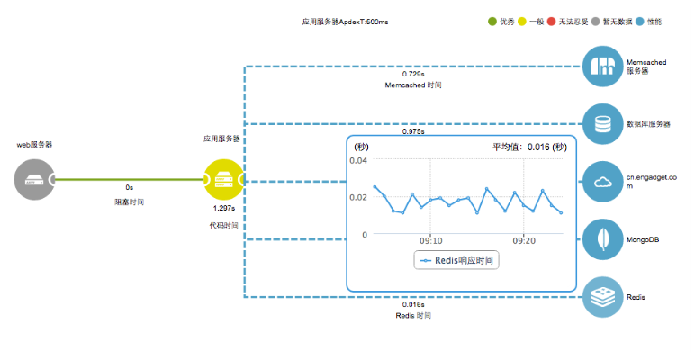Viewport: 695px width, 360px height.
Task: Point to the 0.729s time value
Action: [414, 73]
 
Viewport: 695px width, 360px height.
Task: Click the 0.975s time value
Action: [413, 131]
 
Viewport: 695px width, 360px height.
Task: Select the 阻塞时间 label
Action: [130, 202]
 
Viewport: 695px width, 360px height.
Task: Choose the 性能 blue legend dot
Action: [640, 21]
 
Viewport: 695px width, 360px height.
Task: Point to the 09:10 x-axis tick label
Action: [430, 241]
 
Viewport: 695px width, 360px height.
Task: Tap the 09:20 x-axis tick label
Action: [524, 241]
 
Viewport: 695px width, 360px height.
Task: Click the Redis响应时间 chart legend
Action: [458, 260]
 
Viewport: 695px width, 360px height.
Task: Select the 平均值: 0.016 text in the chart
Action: [528, 147]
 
